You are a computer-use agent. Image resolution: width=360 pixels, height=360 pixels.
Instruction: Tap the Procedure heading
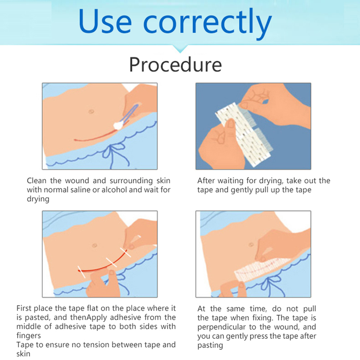tap(176, 65)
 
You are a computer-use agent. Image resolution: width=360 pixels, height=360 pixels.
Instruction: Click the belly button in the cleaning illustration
tap(91, 112)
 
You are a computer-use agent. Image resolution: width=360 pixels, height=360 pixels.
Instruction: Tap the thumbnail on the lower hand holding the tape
tap(231, 124)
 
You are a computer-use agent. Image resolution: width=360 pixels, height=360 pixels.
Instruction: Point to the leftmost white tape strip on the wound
tap(82, 272)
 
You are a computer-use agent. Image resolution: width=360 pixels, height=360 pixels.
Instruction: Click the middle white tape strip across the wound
tap(111, 262)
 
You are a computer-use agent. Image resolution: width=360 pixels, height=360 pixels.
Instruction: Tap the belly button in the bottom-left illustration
tap(94, 245)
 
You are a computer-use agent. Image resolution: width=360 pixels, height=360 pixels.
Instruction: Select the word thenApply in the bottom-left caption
tap(88, 318)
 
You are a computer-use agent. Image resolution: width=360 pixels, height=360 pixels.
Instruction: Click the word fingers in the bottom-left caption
tap(29, 336)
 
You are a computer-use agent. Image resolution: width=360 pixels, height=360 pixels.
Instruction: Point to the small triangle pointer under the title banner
tap(180, 49)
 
